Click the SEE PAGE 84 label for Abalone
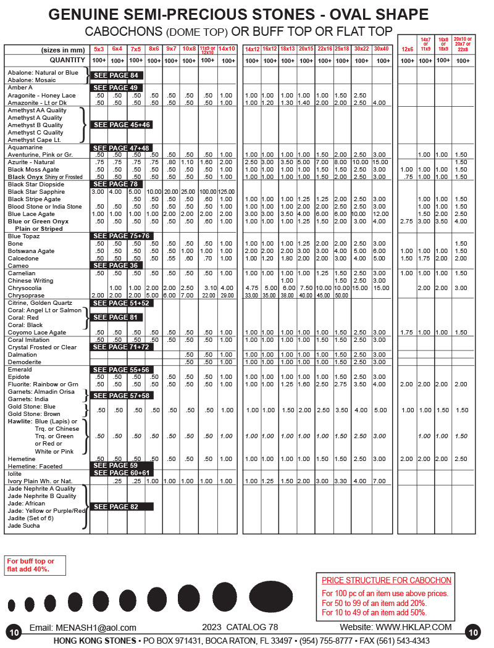point(118,75)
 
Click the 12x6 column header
point(407,49)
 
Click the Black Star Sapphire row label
point(33,192)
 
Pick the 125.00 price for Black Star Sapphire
point(226,192)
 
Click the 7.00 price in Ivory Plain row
point(380,481)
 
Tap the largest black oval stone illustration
point(272,596)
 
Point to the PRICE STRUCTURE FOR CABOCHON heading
point(387,580)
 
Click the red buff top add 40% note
point(31,565)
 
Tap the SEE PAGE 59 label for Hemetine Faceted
point(118,465)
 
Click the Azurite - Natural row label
point(31,162)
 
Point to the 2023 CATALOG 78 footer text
point(240,627)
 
